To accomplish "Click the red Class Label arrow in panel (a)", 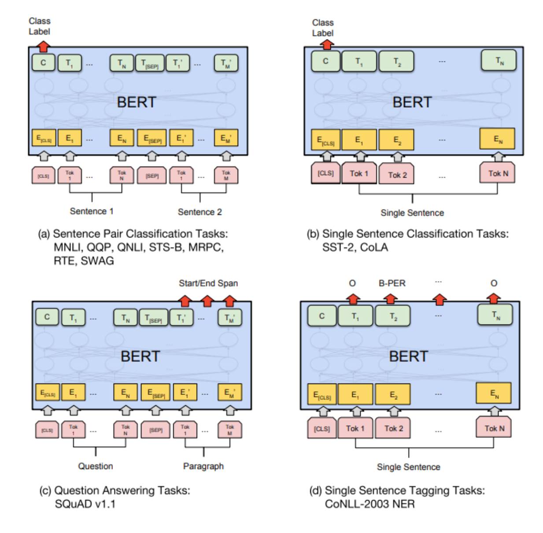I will point(43,46).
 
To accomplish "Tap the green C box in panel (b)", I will point(325,61).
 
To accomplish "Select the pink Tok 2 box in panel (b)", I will point(397,174).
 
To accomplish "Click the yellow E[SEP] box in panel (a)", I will point(152,138).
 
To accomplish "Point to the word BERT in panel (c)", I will point(140,356).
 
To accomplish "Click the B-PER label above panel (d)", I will point(392,283).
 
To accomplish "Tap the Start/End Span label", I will point(208,283).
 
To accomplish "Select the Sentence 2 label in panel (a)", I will point(199,212).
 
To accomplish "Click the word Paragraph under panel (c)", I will point(203,466).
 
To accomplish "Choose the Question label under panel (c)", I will point(95,466).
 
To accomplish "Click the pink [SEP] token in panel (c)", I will point(155,430).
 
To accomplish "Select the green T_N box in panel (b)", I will point(499,61).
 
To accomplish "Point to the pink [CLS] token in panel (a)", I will point(43,176).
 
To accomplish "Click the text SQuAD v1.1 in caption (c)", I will point(85,503).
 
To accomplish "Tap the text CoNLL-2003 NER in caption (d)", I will point(369,503).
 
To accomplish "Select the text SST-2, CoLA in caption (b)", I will point(355,247).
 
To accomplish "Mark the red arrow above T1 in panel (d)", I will point(353,299).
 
